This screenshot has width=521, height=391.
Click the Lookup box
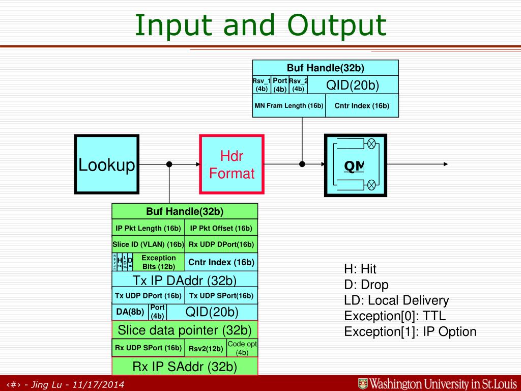(x=106, y=164)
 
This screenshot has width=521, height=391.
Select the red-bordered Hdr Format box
(x=231, y=164)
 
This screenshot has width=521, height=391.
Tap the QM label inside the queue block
(x=354, y=166)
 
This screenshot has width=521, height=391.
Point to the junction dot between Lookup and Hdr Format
(x=169, y=164)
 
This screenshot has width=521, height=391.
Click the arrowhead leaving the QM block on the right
(x=445, y=164)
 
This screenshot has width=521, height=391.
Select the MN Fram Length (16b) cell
(x=289, y=106)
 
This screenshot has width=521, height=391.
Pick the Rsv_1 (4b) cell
(x=262, y=85)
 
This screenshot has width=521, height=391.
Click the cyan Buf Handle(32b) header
(x=325, y=67)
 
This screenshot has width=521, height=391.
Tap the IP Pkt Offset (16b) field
(x=221, y=228)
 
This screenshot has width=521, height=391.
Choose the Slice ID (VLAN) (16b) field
(x=148, y=244)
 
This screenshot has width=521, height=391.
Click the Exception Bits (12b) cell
(x=158, y=262)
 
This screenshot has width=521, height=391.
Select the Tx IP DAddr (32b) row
(x=185, y=280)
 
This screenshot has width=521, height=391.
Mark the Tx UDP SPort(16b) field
(x=221, y=296)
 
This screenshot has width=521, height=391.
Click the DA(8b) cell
(x=130, y=312)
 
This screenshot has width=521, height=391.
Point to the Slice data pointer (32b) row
(x=185, y=330)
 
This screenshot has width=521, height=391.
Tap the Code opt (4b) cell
(x=242, y=348)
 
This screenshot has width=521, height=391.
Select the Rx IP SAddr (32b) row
(x=185, y=367)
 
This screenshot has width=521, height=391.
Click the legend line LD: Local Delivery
(x=396, y=300)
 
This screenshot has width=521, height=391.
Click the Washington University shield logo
(x=363, y=383)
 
